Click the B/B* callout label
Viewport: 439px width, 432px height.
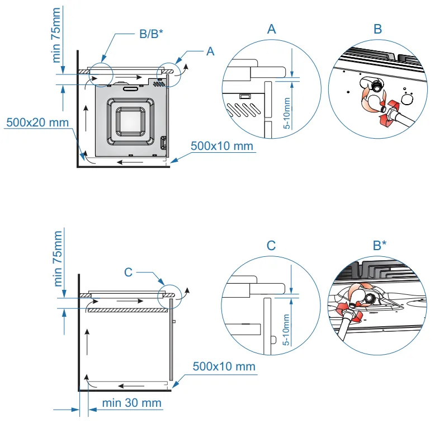tap(152, 34)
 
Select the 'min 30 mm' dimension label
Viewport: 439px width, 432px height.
tap(132, 403)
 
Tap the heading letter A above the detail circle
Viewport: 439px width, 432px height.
tap(271, 30)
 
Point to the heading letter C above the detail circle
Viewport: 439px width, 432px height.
tap(271, 245)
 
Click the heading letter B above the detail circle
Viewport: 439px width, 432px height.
tap(378, 30)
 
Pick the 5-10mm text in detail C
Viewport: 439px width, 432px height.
tap(286, 330)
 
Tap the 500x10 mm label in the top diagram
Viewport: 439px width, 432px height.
tap(222, 146)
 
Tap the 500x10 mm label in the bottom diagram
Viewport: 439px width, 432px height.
tap(224, 367)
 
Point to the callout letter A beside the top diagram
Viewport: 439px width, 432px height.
tap(210, 51)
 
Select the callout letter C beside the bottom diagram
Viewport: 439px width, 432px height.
tap(128, 272)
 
